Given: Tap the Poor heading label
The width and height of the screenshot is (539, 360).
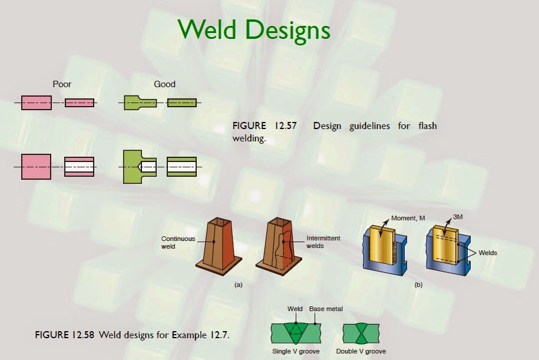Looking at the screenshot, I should [x=62, y=84].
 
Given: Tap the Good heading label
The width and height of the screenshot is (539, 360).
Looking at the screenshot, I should [x=164, y=84].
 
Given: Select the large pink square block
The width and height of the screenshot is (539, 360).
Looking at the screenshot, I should [x=36, y=167].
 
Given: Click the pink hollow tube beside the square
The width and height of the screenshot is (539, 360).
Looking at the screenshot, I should [x=80, y=167].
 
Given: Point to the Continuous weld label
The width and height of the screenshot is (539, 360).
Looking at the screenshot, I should [x=178, y=242].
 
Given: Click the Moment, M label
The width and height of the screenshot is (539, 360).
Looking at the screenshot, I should [x=408, y=219].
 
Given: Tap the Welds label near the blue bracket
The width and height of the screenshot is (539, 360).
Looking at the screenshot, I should [x=488, y=253].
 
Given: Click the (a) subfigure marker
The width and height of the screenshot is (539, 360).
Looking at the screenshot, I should [x=238, y=285].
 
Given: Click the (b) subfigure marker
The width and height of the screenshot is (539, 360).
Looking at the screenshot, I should [x=418, y=285].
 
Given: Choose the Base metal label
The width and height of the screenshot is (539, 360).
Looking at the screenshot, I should [x=326, y=309].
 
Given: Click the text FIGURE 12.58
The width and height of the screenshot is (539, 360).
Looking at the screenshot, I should [x=65, y=336].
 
